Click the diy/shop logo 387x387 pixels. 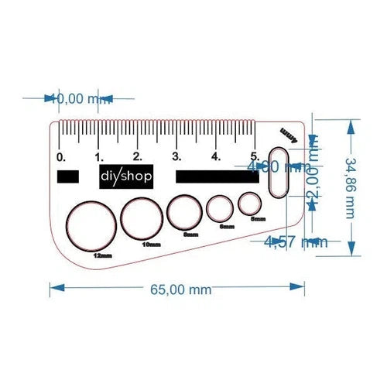127,176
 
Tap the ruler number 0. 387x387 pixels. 61,156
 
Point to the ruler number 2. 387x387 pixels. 137,156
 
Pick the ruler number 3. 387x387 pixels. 176,156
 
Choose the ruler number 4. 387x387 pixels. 216,156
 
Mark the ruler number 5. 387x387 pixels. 254,156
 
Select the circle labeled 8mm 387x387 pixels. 186,214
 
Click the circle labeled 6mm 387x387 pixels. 220,209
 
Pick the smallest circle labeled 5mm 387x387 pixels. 249,204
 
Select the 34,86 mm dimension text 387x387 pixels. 351,187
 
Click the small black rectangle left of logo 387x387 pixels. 67,176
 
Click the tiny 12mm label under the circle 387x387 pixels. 101,255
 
